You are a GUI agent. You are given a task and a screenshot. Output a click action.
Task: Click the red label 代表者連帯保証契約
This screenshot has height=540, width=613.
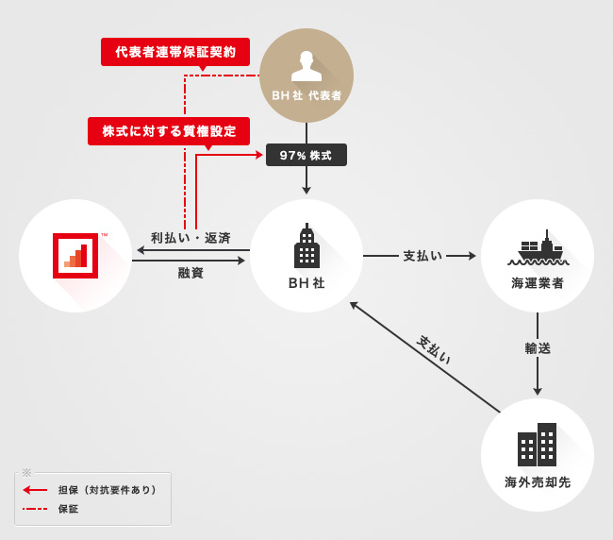point(175,51)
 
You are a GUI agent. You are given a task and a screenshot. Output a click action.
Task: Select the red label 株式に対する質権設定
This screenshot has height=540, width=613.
point(169,130)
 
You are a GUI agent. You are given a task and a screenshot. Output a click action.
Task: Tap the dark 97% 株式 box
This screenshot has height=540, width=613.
point(306,155)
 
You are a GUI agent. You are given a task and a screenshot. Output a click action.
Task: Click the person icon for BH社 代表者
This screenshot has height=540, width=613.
point(306,65)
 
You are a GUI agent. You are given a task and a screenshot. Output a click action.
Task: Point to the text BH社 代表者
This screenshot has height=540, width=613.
point(306,95)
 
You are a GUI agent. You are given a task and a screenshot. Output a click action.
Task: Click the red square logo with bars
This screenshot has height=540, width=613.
point(75,255)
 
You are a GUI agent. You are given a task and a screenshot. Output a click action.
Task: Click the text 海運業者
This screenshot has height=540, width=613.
point(538,282)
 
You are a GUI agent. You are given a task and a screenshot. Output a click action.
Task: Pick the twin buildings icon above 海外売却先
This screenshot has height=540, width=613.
point(538,444)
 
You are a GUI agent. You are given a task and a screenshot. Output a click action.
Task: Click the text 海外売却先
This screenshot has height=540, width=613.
point(538,482)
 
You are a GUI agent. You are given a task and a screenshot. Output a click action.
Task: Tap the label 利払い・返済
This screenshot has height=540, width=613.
point(191,238)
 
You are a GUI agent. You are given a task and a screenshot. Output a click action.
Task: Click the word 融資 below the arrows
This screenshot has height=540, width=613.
point(191,273)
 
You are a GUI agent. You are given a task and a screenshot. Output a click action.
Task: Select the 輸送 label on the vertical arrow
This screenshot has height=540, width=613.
point(538,348)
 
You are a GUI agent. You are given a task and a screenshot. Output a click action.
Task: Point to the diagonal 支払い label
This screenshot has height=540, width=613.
point(435,350)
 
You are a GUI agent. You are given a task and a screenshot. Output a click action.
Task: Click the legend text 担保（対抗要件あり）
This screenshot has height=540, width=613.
point(107,490)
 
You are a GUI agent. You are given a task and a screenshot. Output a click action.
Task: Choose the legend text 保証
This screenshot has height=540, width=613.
point(68,509)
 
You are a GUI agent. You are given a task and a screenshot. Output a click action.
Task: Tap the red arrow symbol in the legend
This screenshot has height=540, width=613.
point(35,490)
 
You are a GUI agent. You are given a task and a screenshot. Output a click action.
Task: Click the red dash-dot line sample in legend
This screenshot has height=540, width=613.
point(35,509)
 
